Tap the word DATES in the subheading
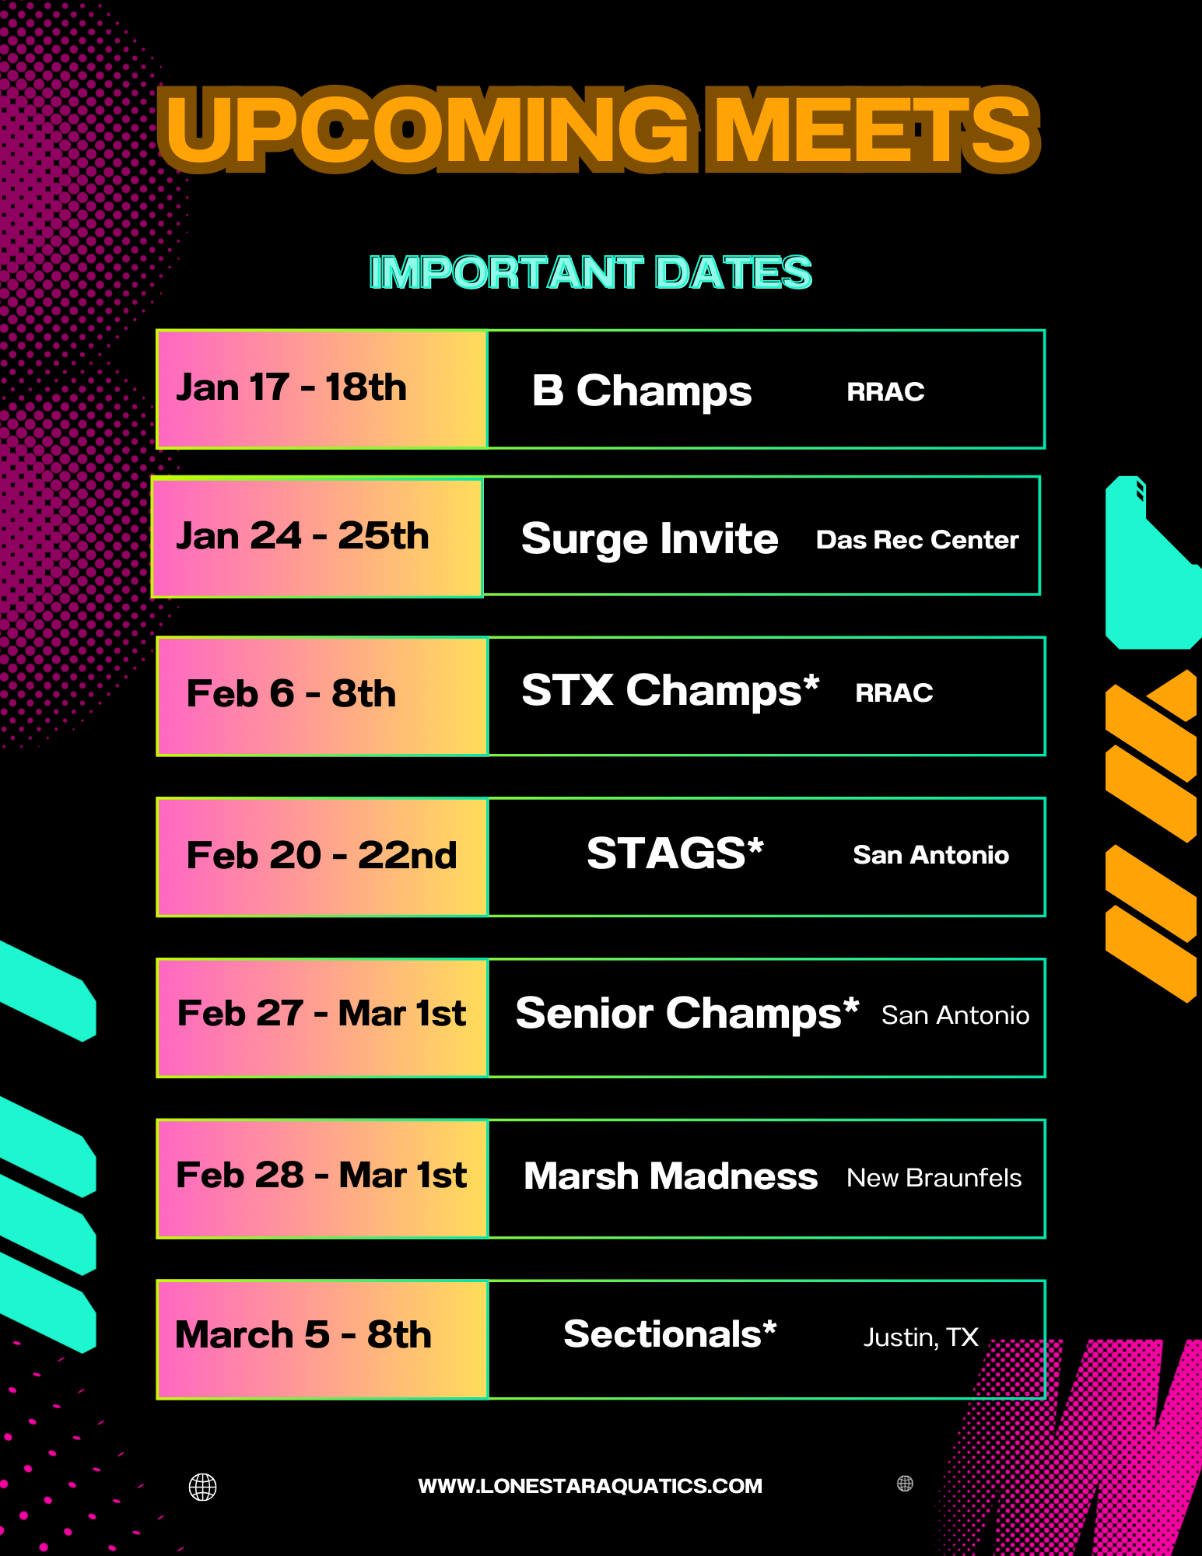(734, 272)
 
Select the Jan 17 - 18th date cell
(322, 389)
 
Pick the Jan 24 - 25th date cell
(317, 538)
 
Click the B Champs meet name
(642, 391)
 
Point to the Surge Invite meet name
(650, 538)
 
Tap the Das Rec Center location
(917, 540)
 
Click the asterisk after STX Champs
(811, 682)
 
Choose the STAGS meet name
(675, 853)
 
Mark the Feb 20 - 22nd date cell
(322, 857)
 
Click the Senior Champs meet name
(687, 1014)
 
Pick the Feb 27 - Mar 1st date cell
(322, 1018)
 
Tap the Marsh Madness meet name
(671, 1176)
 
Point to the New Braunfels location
(934, 1178)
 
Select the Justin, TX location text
(920, 1337)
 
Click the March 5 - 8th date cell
(322, 1339)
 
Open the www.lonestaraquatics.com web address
(590, 1486)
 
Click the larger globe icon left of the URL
(203, 1487)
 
